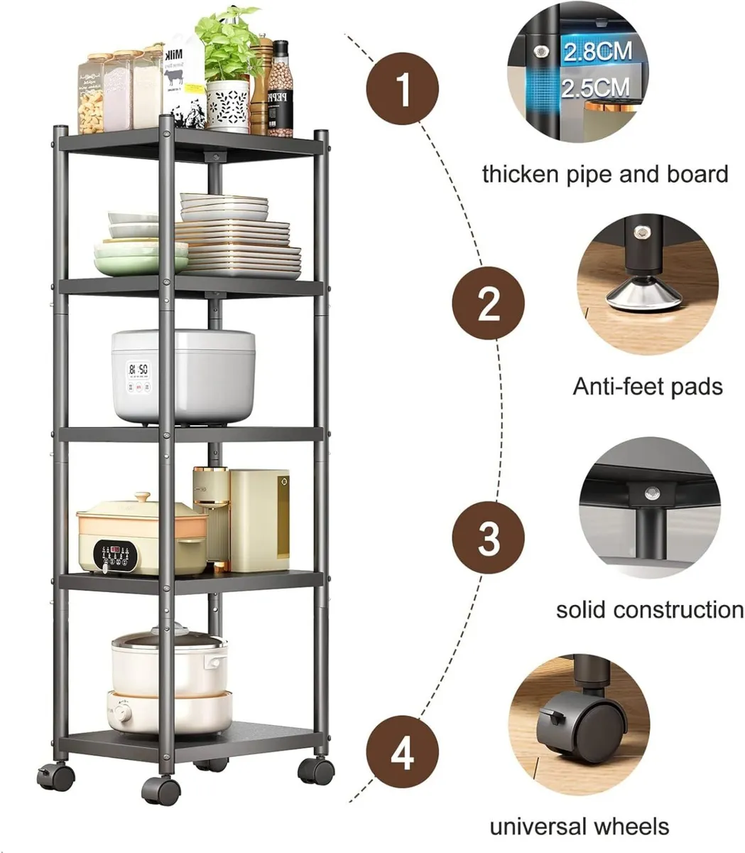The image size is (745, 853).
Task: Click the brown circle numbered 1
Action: (x=403, y=91)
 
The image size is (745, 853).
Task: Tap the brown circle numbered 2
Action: (x=489, y=305)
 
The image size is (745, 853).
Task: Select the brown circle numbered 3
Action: (x=489, y=537)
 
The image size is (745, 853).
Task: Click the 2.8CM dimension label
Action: (x=596, y=52)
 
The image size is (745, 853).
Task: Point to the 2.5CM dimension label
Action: (x=595, y=87)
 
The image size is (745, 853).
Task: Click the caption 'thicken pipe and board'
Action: (x=605, y=174)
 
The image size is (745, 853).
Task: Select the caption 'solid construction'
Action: (x=649, y=610)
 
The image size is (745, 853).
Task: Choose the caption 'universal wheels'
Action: (x=579, y=827)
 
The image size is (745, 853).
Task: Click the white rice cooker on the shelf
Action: (x=183, y=375)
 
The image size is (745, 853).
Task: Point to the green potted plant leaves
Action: (x=227, y=43)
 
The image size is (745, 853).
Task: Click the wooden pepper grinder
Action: (x=260, y=85)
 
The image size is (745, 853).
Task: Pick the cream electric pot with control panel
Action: (x=142, y=536)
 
